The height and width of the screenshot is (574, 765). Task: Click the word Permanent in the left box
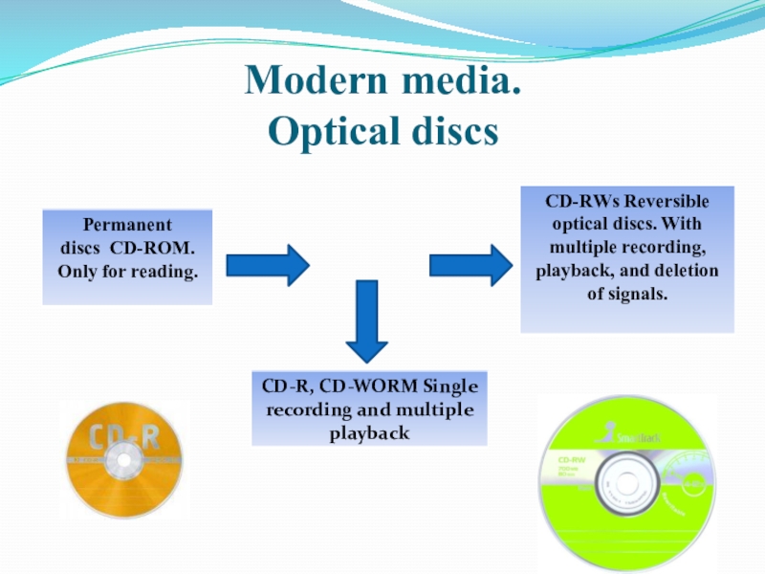127,226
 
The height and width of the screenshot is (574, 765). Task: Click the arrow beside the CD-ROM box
268,263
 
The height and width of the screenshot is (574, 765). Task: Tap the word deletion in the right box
684,271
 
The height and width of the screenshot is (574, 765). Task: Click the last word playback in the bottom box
369,433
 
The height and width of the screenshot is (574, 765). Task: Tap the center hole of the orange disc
123,462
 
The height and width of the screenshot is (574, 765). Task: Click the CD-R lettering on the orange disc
123,438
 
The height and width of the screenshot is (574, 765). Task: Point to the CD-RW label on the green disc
572,460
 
